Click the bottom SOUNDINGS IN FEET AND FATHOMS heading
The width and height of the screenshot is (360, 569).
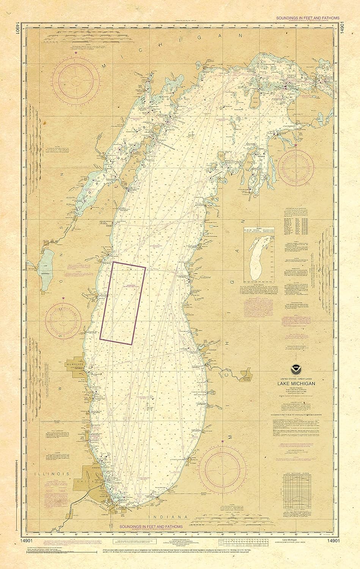[x=151, y=527]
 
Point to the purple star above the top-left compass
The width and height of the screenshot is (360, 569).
[x=76, y=53]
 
